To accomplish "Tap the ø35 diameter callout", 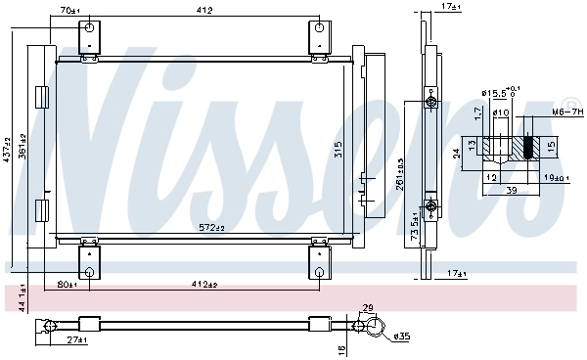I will coord(404,337).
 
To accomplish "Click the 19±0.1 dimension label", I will coord(555,177).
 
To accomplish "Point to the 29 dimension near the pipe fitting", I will coord(368,309).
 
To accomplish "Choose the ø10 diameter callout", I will coord(499,112).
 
